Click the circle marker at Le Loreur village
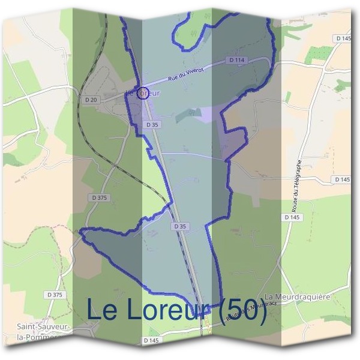pos(143,93)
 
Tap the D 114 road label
pos(236,60)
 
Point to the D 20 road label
pos(91,99)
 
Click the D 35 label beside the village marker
pos(152,124)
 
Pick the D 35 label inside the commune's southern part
pos(180,226)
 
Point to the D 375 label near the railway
pos(100,197)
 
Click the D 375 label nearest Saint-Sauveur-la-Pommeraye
pos(54,295)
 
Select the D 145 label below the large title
pos(152,340)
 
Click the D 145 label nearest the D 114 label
pos(343,38)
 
